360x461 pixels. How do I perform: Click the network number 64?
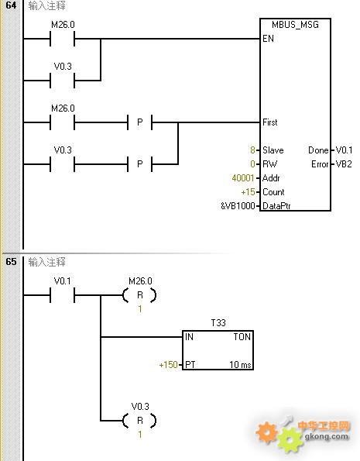click(11, 5)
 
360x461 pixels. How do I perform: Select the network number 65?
click(11, 261)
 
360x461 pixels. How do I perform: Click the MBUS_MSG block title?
click(295, 25)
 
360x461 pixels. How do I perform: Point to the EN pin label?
click(268, 39)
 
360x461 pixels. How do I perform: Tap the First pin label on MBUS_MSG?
click(269, 122)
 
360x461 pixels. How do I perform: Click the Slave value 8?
click(252, 150)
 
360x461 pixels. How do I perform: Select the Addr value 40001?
click(243, 178)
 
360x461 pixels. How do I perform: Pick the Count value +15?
click(248, 192)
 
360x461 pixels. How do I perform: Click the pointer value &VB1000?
click(238, 206)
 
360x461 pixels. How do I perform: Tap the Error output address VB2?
click(344, 164)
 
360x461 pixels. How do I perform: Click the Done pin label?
click(318, 150)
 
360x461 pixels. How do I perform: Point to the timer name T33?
click(218, 323)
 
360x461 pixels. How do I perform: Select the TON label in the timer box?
click(242, 336)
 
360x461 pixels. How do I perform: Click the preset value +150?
click(169, 365)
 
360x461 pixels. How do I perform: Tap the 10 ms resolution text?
click(240, 365)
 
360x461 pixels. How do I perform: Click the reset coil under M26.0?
click(139, 295)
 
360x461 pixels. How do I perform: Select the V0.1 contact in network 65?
click(62, 295)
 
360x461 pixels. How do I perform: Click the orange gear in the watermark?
click(266, 432)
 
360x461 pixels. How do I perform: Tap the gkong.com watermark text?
click(327, 436)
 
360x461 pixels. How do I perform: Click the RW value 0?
click(252, 164)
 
